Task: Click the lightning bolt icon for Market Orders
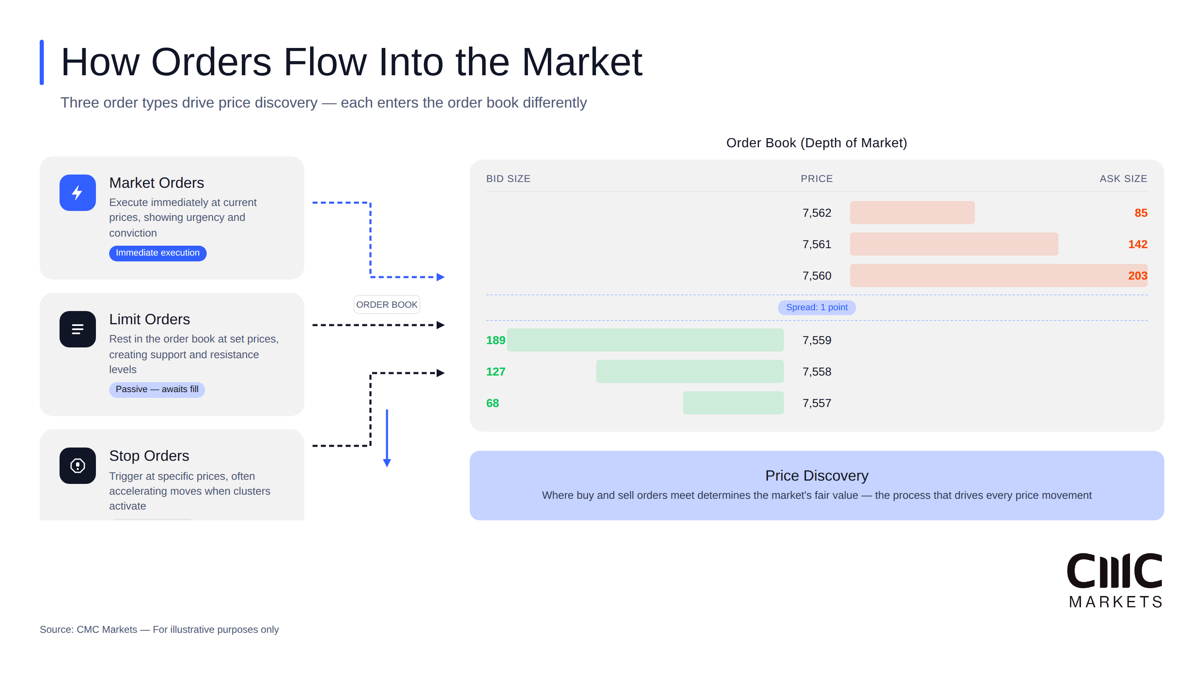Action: (x=78, y=193)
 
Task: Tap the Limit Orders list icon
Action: (x=78, y=329)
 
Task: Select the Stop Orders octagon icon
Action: (x=78, y=466)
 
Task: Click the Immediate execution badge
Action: (x=158, y=253)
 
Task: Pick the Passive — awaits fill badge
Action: (x=157, y=389)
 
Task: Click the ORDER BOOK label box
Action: (x=387, y=305)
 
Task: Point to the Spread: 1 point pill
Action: (x=817, y=308)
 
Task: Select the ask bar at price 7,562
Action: (x=912, y=213)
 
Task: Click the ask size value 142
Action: (x=1137, y=244)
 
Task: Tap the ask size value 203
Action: (x=1137, y=276)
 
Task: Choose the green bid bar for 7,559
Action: (x=645, y=340)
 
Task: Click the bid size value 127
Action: (x=495, y=372)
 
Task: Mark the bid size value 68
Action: (x=492, y=403)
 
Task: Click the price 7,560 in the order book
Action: (x=817, y=276)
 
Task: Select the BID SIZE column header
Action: (x=508, y=179)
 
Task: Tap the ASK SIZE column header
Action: (x=1123, y=179)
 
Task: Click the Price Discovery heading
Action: (x=817, y=475)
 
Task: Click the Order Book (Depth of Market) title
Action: (x=817, y=143)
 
